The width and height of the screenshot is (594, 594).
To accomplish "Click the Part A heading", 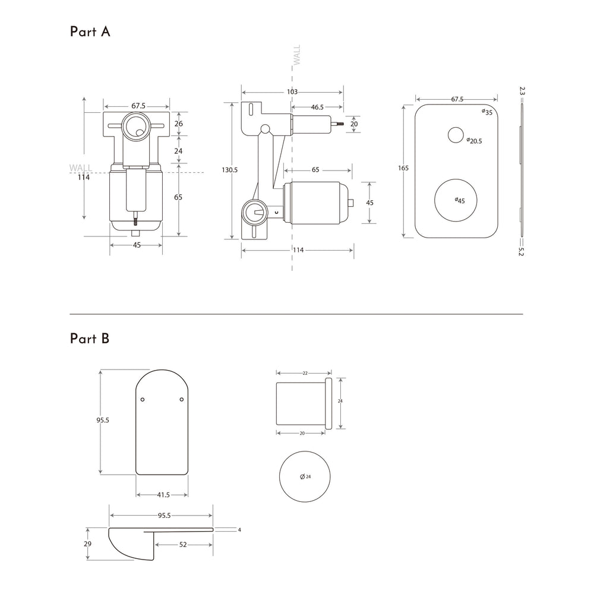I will click(90, 32).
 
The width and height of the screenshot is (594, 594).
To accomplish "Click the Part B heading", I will click(90, 339).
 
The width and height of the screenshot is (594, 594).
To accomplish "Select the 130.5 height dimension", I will click(229, 170).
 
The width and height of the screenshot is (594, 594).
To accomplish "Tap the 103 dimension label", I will click(292, 92).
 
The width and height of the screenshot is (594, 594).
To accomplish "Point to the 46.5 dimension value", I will click(317, 108).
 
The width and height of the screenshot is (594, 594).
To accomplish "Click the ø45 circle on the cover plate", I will click(456, 200).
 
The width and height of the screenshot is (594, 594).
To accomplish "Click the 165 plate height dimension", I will click(403, 169).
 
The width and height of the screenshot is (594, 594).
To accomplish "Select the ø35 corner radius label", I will click(487, 112).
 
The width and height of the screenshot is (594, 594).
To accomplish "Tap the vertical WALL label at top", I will click(297, 55).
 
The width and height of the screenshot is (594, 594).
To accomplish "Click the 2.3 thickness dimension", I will click(522, 91).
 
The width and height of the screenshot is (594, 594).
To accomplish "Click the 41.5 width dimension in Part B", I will click(162, 494).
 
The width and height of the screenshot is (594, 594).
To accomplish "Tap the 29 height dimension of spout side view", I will click(88, 544).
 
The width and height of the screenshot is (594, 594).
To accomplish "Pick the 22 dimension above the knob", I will click(305, 373).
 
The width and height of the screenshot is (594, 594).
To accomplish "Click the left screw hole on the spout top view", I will click(143, 400).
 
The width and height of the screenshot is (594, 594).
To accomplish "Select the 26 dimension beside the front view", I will click(178, 124).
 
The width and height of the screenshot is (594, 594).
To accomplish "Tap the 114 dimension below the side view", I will click(298, 250).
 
